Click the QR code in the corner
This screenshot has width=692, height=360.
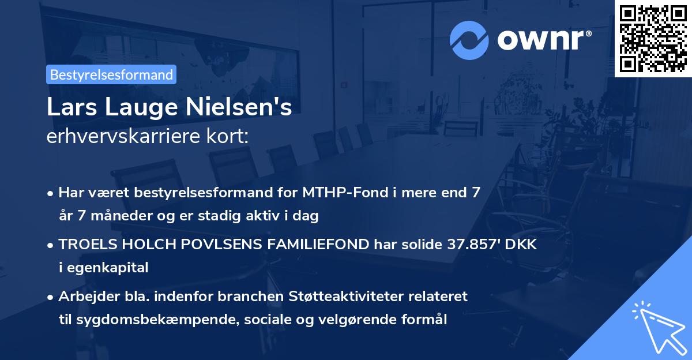(653, 39)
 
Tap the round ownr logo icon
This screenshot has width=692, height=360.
(469, 40)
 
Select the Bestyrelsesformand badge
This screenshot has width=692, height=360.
(111, 74)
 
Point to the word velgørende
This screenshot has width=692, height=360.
(369, 319)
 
